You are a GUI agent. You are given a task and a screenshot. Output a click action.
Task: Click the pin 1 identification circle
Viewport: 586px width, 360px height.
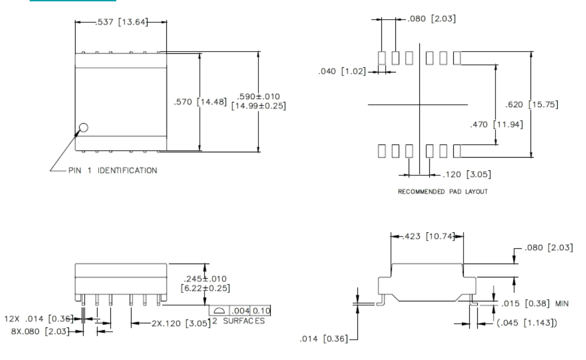83,127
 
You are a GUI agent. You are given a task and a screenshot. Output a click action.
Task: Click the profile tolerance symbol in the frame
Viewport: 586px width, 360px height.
219,310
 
